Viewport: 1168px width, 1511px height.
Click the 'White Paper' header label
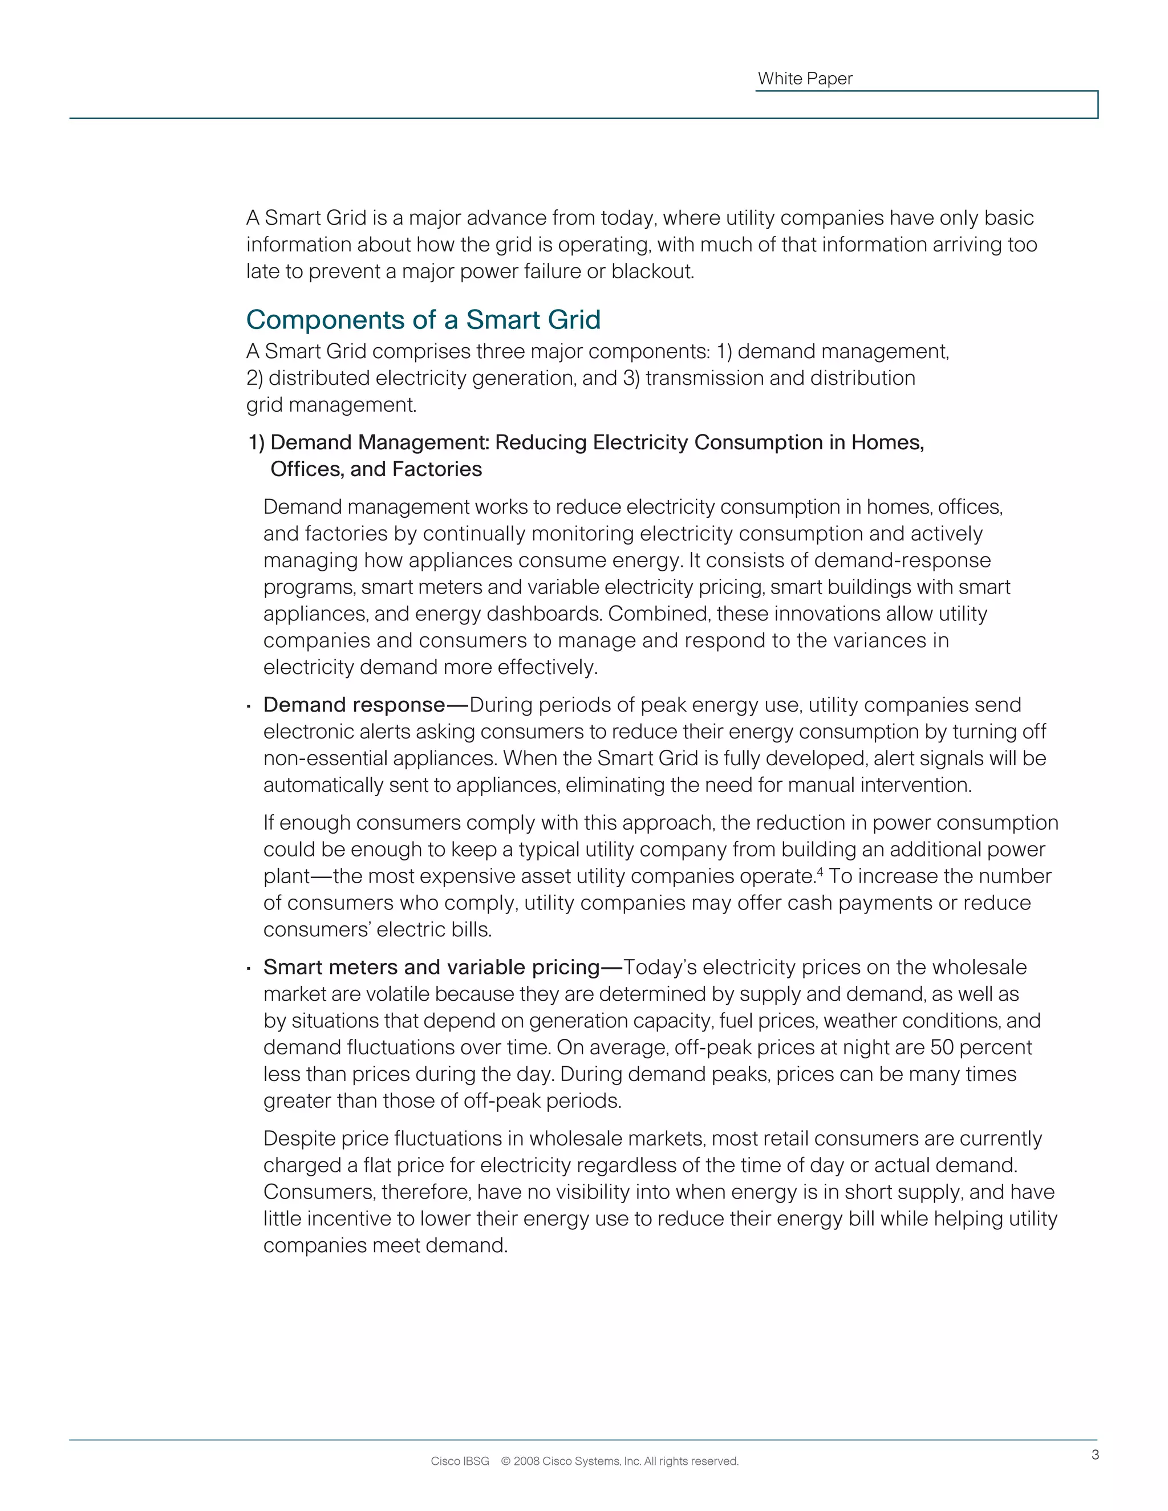(x=805, y=79)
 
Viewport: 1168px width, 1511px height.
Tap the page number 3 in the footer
(x=1094, y=1455)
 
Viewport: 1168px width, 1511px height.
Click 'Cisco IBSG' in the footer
(x=460, y=1461)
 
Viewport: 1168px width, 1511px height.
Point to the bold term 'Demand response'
(x=354, y=705)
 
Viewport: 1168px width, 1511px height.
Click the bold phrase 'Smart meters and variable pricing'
(x=432, y=967)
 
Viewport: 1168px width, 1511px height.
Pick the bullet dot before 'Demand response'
(x=248, y=707)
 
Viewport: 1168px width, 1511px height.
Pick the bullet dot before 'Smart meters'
(x=248, y=969)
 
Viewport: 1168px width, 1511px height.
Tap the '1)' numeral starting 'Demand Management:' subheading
(x=257, y=443)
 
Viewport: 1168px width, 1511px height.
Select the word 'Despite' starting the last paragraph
(x=298, y=1139)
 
